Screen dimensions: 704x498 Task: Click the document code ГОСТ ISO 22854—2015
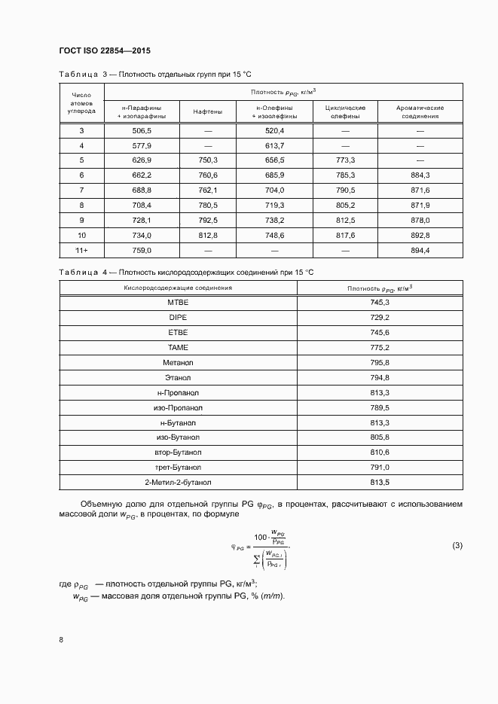pos(104,51)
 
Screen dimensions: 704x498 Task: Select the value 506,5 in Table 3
pos(142,131)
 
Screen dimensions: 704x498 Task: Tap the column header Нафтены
pos(207,112)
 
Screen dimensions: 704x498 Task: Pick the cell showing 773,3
pos(345,160)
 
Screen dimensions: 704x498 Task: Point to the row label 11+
pos(81,249)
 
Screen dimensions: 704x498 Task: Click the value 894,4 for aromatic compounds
pos(420,249)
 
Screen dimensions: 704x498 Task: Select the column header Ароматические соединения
pos(420,112)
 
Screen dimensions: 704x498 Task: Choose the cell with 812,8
pos(207,234)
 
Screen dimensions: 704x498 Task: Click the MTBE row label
pos(178,302)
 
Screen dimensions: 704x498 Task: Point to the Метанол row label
pos(178,362)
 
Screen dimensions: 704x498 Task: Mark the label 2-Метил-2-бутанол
pos(178,483)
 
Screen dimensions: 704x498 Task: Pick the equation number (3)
pos(457,545)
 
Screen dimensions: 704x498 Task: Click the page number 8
pos(60,639)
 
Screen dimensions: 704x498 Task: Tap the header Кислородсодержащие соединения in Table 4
pos(178,288)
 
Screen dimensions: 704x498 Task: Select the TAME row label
pos(178,347)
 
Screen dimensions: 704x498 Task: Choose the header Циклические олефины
pos(345,112)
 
